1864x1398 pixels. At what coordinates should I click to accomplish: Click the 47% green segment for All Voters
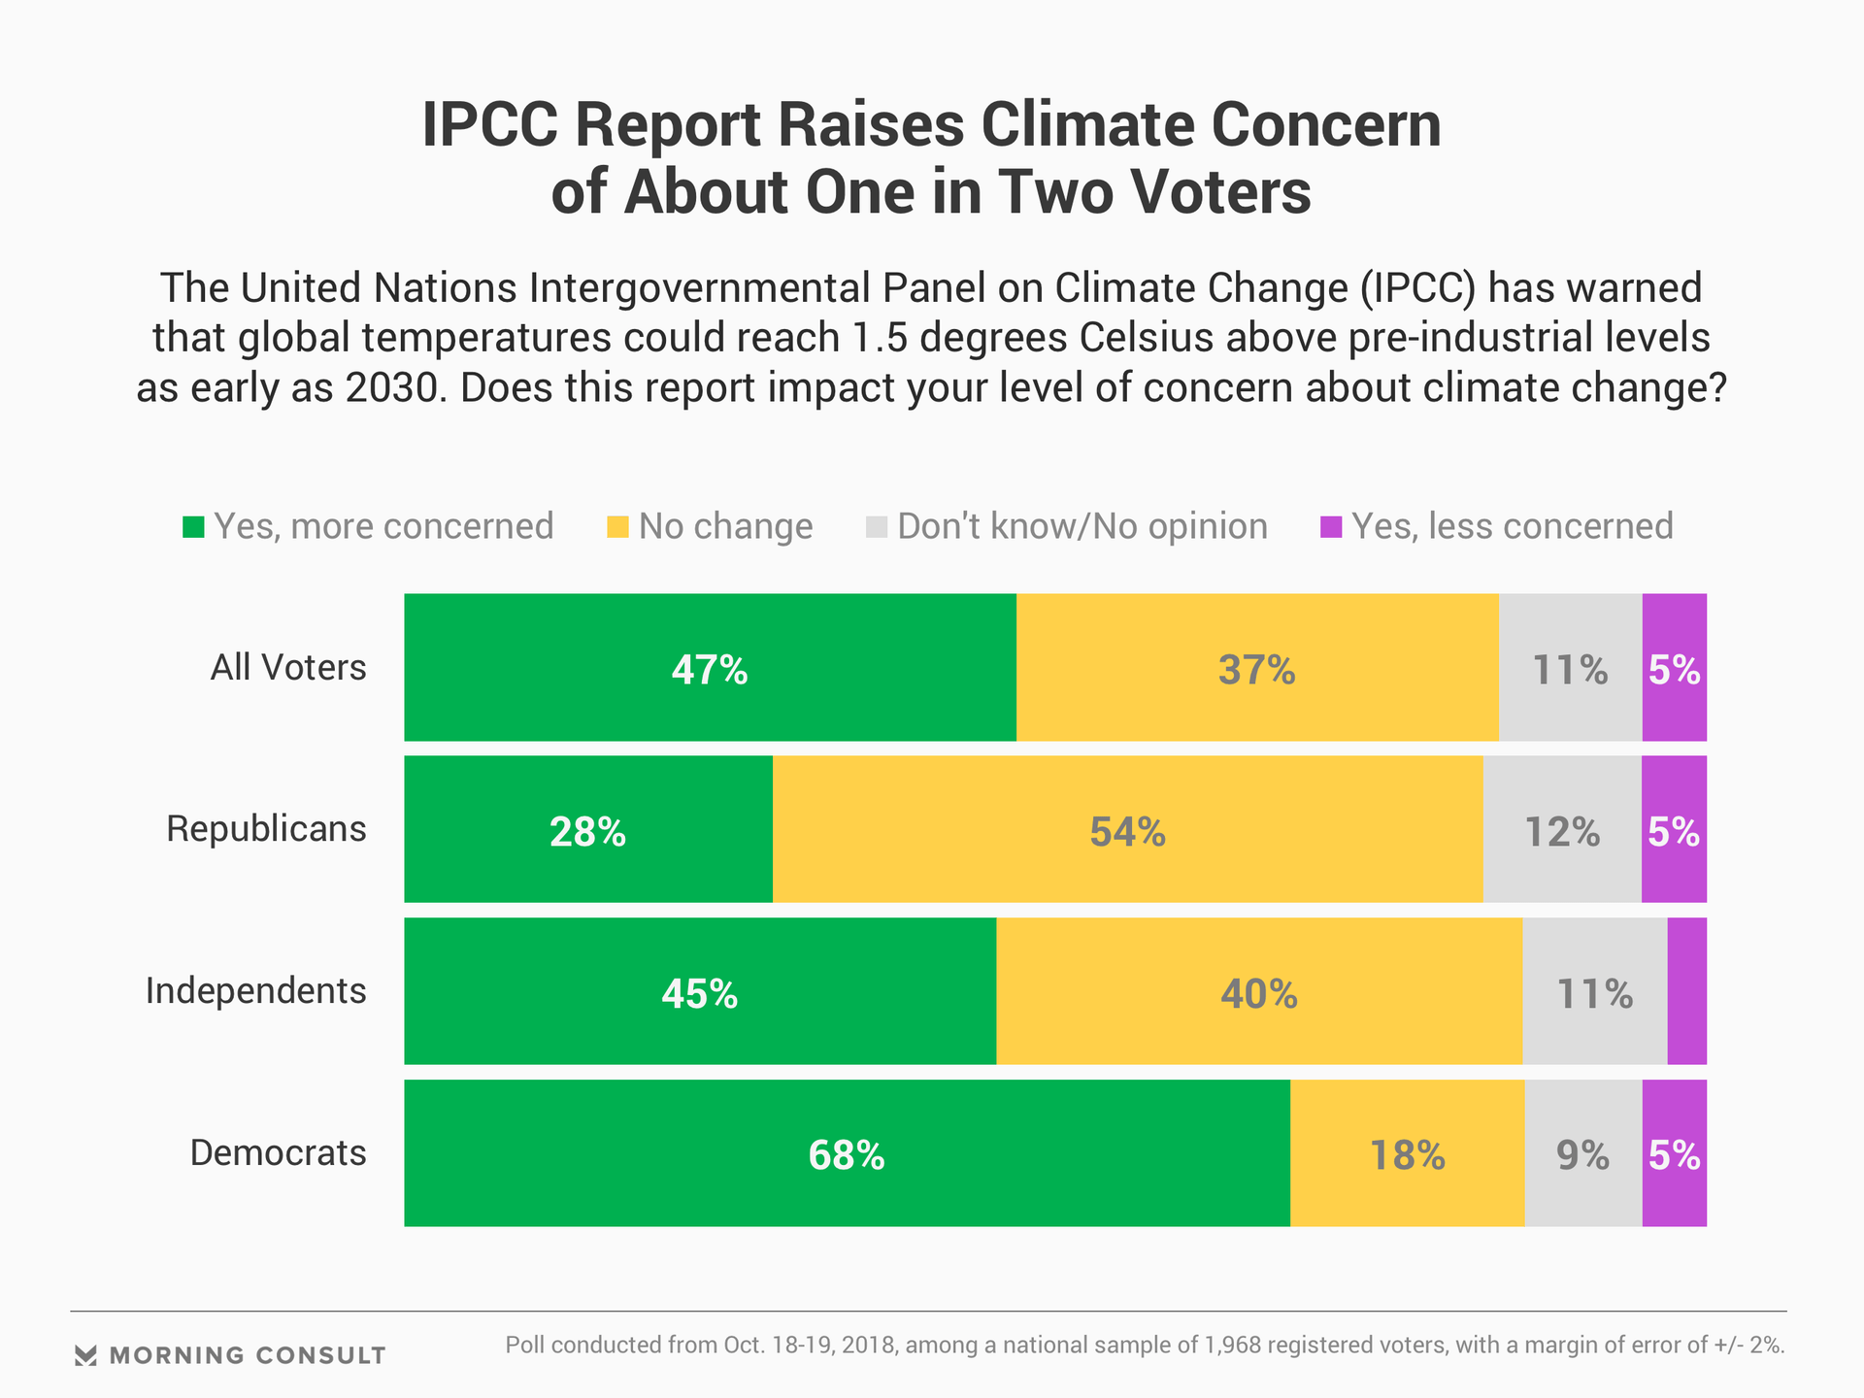(x=710, y=668)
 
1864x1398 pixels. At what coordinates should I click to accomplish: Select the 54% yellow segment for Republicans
(x=1127, y=830)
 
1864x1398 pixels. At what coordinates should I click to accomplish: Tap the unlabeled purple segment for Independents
(x=1686, y=991)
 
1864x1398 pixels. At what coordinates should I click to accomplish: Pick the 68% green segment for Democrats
(x=847, y=1153)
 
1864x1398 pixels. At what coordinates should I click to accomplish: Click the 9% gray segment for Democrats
(x=1582, y=1153)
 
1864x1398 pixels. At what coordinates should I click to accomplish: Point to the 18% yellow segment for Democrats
(x=1407, y=1153)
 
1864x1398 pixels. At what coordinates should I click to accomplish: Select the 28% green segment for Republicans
(x=587, y=830)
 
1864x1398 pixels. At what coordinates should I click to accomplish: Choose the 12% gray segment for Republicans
(x=1561, y=830)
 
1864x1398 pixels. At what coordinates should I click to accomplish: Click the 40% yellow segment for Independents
(x=1258, y=991)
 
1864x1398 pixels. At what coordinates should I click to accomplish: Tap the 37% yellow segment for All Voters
(x=1256, y=668)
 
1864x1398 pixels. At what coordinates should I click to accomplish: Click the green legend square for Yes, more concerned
(x=194, y=527)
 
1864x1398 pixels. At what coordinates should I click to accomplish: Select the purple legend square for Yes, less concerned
(x=1331, y=527)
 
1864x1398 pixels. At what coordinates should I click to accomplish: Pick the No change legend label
(x=725, y=526)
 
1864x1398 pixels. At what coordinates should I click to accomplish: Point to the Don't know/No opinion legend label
(x=1082, y=526)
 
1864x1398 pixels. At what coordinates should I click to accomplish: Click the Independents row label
(x=256, y=991)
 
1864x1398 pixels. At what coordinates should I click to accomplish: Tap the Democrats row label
(x=278, y=1153)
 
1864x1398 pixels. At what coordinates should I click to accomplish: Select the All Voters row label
(x=288, y=668)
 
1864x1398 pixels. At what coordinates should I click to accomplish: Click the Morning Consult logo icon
(x=85, y=1355)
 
